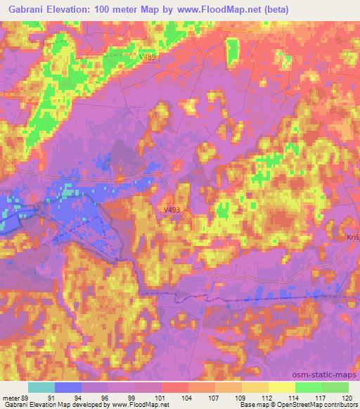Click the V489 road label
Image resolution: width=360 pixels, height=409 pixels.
(x=148, y=57)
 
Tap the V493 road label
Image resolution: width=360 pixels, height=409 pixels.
(x=173, y=209)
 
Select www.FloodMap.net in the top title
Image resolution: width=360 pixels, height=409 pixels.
(x=219, y=10)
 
